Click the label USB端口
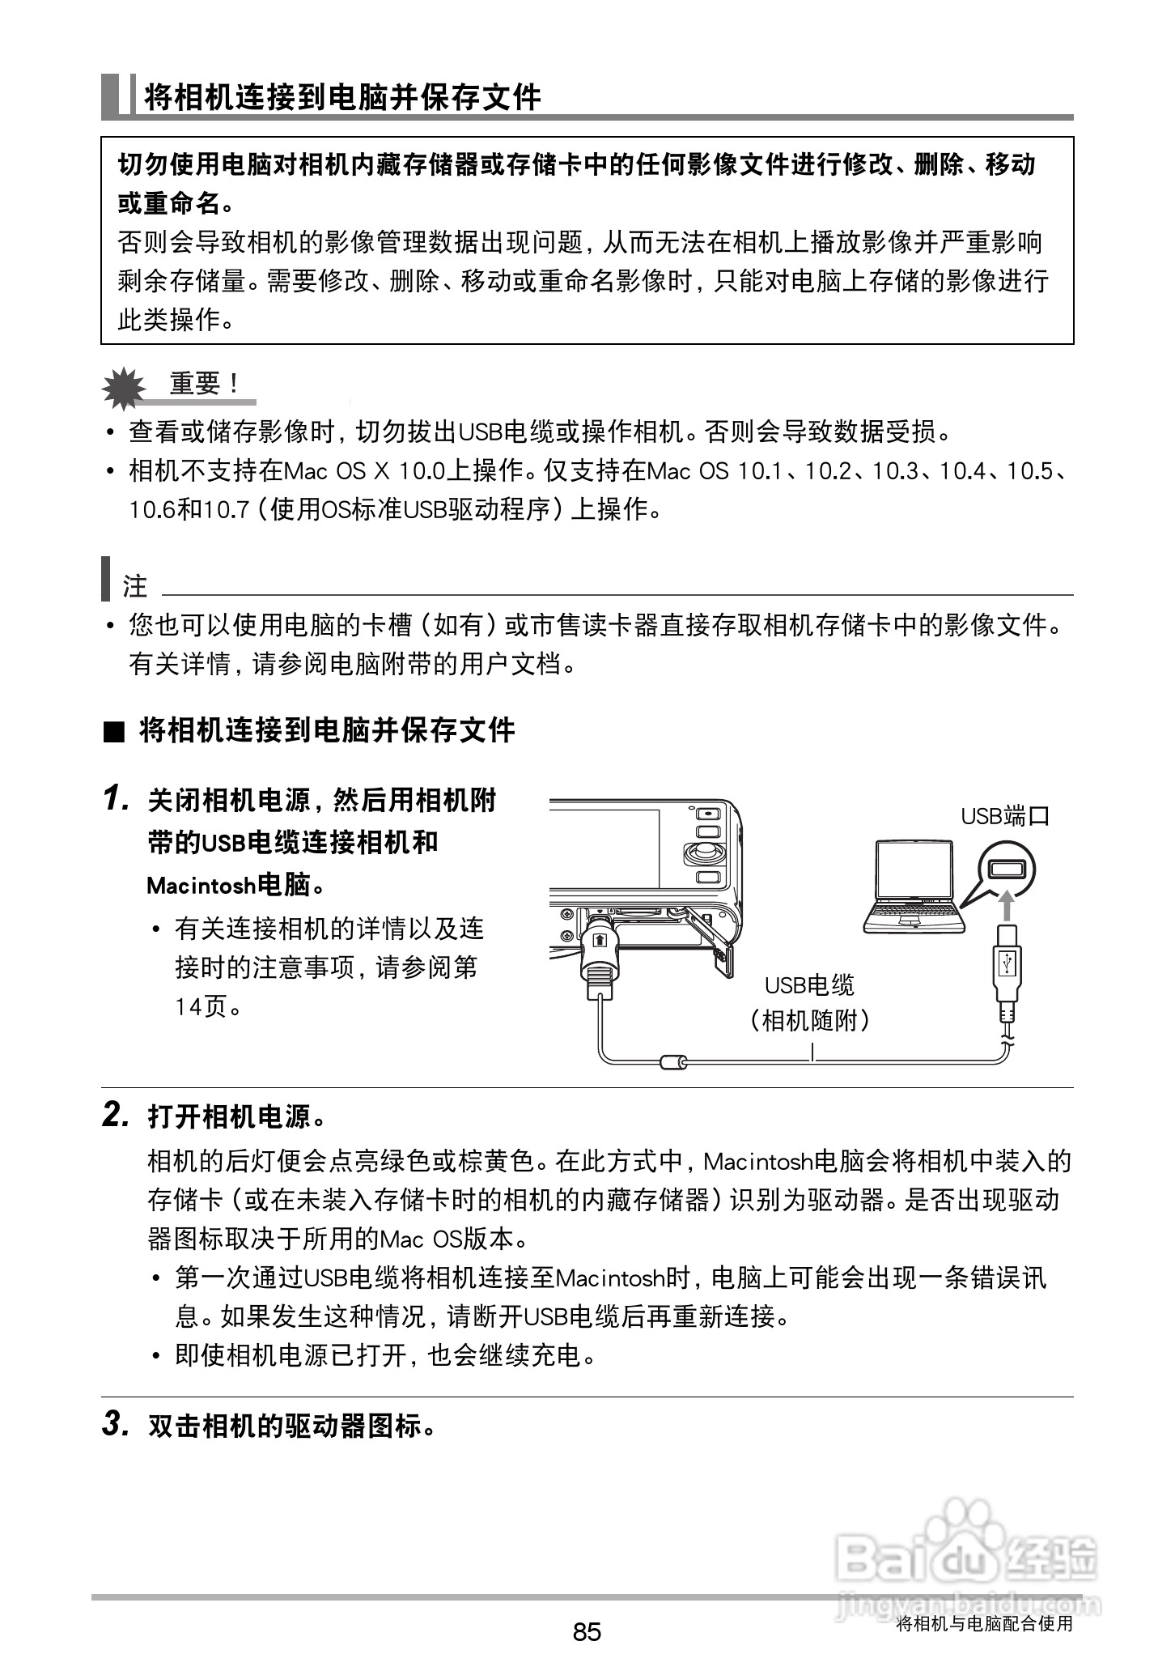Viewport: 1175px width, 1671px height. point(1004,815)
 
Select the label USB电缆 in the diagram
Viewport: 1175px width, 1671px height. point(809,985)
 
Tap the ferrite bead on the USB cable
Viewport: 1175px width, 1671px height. point(673,1061)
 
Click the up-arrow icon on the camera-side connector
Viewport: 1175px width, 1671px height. point(599,940)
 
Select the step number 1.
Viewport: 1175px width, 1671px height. point(116,800)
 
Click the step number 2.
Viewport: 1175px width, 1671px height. point(116,1116)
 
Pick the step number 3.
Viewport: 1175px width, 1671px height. point(116,1424)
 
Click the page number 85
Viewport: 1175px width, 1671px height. point(587,1631)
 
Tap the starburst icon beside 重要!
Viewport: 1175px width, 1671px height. point(123,388)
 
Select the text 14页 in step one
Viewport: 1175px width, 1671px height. point(201,1006)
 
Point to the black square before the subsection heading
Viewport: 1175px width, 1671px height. point(114,733)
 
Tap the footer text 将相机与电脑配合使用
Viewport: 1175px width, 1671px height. point(984,1624)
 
